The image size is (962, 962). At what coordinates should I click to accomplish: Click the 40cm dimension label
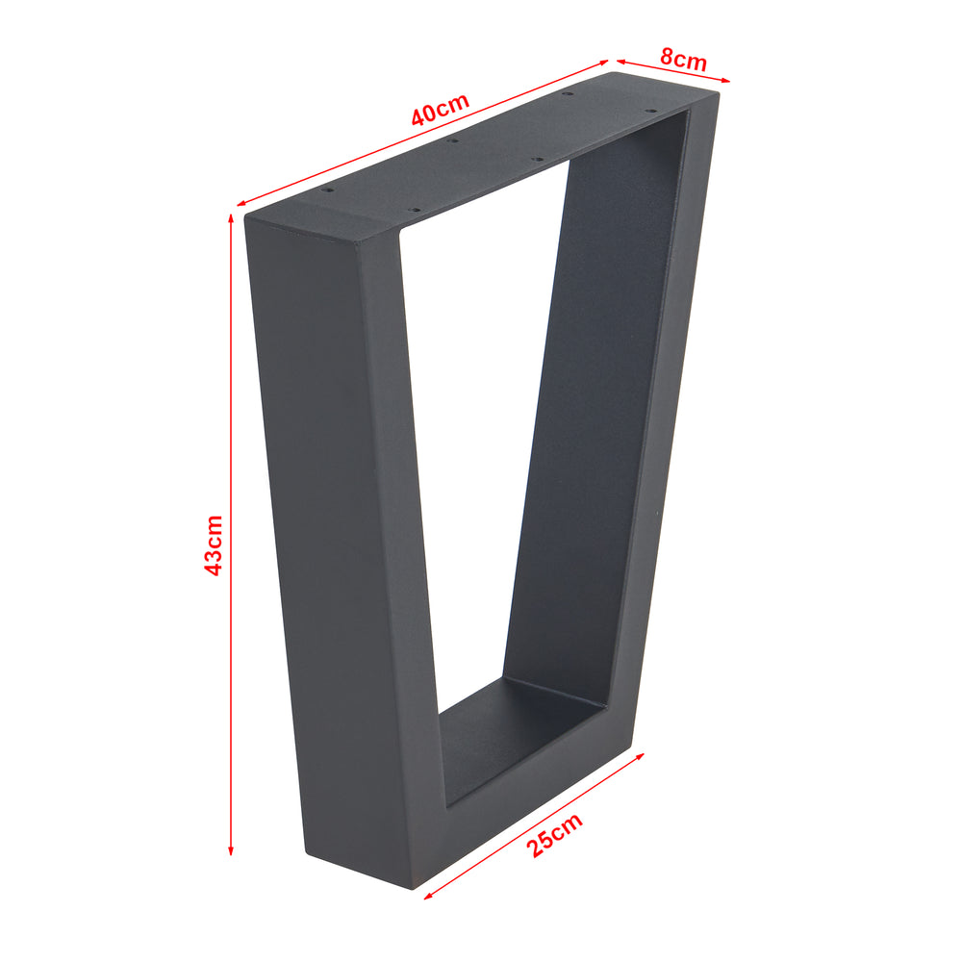pyautogui.click(x=440, y=110)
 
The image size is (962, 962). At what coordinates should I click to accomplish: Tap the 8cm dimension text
pyautogui.click(x=683, y=59)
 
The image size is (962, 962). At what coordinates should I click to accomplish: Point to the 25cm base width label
pyautogui.click(x=555, y=834)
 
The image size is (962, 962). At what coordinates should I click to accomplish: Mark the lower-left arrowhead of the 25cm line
pyautogui.click(x=427, y=896)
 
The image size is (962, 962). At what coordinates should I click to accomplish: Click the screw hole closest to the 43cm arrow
pyautogui.click(x=326, y=190)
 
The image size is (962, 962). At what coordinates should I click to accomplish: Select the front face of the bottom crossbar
pyautogui.click(x=519, y=818)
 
